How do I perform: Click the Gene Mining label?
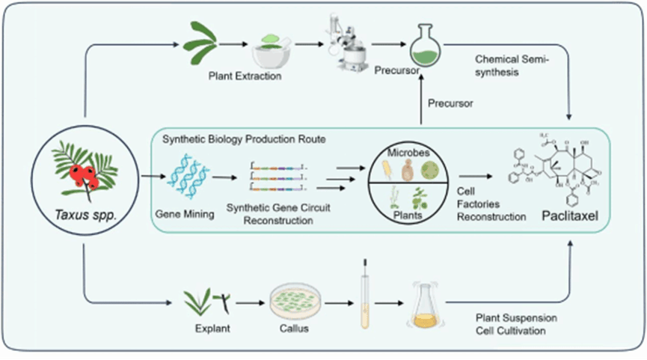click(184, 214)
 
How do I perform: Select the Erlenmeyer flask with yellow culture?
click(424, 308)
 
